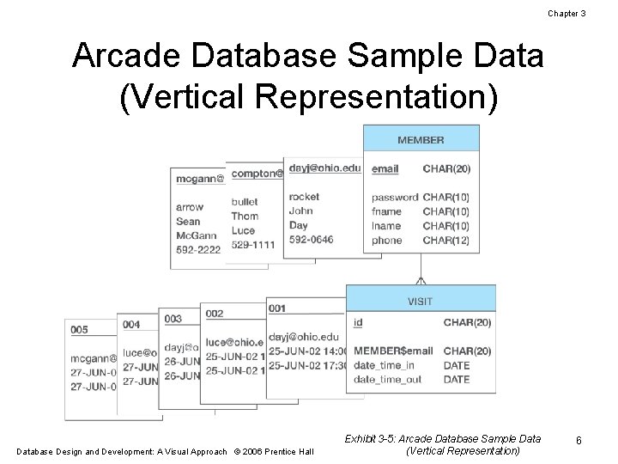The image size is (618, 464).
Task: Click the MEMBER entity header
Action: [x=421, y=139]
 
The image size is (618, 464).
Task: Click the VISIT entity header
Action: [x=420, y=301]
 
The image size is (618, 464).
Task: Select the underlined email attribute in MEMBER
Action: [x=385, y=169]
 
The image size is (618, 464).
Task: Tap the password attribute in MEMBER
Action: [x=395, y=197]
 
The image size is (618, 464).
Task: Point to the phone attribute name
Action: [x=386, y=241]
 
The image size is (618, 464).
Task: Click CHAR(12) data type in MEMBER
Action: [x=446, y=241]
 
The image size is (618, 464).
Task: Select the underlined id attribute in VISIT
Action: [x=358, y=323]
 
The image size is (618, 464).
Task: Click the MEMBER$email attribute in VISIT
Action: [x=393, y=351]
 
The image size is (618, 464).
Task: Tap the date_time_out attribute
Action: [x=387, y=379]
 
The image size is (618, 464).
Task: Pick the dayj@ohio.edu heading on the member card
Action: [x=325, y=168]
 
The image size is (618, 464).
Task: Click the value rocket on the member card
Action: [x=304, y=197]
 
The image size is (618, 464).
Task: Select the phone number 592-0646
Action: [x=311, y=240]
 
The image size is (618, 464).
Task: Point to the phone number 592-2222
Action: [x=198, y=249]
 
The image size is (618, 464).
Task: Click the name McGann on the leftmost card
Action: [x=196, y=235]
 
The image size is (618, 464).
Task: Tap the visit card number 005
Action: [x=79, y=330]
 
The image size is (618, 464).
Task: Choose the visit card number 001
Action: [x=277, y=308]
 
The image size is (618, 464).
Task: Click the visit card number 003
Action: [x=173, y=319]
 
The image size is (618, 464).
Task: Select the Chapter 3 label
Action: [x=566, y=14]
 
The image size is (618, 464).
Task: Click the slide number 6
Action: [x=579, y=441]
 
